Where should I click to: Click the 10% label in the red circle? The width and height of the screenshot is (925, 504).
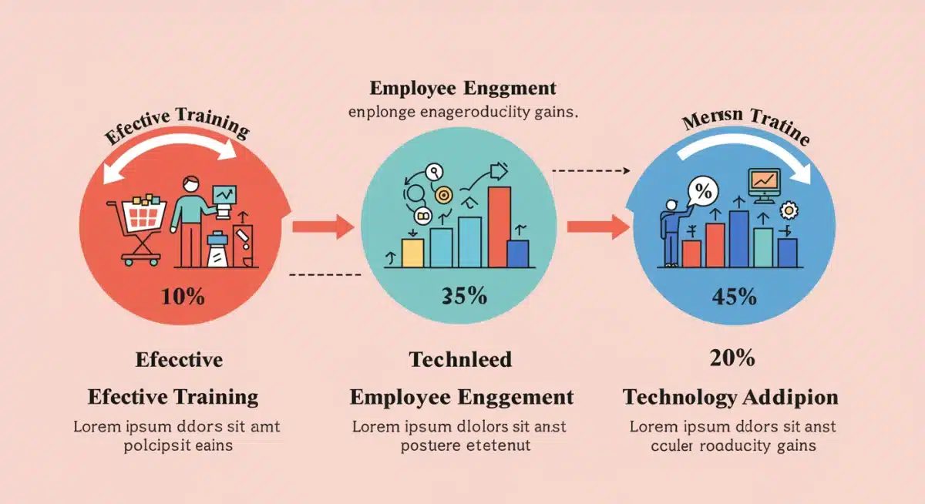coord(183,297)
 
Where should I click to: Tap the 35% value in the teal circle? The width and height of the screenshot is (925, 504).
coord(465,296)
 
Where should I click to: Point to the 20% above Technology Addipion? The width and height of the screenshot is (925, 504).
coord(732,358)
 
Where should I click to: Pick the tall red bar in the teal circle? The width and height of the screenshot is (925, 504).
coord(499,226)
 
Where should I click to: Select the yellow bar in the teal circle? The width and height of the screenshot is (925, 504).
coord(413,252)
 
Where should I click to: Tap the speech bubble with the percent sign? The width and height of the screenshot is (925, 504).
coord(702,190)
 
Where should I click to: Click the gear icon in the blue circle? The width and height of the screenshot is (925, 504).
coord(789,210)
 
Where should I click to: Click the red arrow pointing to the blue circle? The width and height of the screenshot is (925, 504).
coord(599,227)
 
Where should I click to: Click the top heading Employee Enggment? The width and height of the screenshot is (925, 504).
coord(462,87)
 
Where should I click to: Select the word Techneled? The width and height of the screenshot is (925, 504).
coord(460,359)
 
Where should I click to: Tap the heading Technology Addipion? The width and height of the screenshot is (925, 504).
coord(730,398)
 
